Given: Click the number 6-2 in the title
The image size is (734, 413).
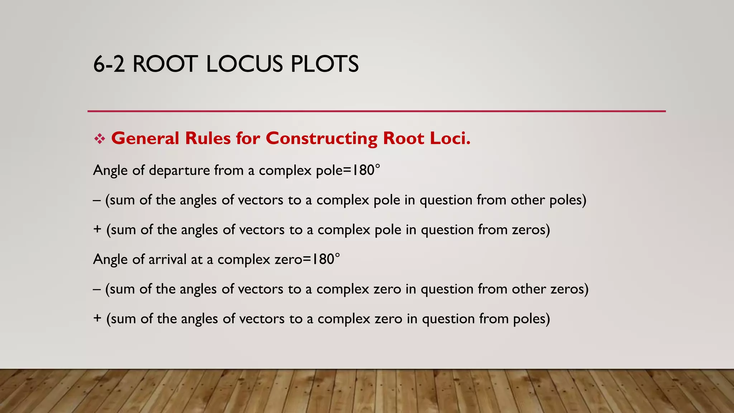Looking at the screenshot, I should [109, 65].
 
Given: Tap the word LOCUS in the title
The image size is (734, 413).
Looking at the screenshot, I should [244, 65].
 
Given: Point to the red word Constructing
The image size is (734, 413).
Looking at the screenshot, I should [321, 138].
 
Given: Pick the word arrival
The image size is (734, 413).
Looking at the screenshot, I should [167, 259].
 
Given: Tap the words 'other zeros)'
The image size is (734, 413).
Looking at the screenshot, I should [550, 289].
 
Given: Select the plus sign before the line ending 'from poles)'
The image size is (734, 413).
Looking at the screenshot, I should [97, 318].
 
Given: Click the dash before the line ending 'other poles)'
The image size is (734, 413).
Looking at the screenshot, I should [96, 200].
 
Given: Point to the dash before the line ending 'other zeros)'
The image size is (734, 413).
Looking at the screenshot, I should [96, 289].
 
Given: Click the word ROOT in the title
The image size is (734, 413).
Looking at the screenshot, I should [165, 65].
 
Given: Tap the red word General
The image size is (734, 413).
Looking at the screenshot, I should [145, 138].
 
